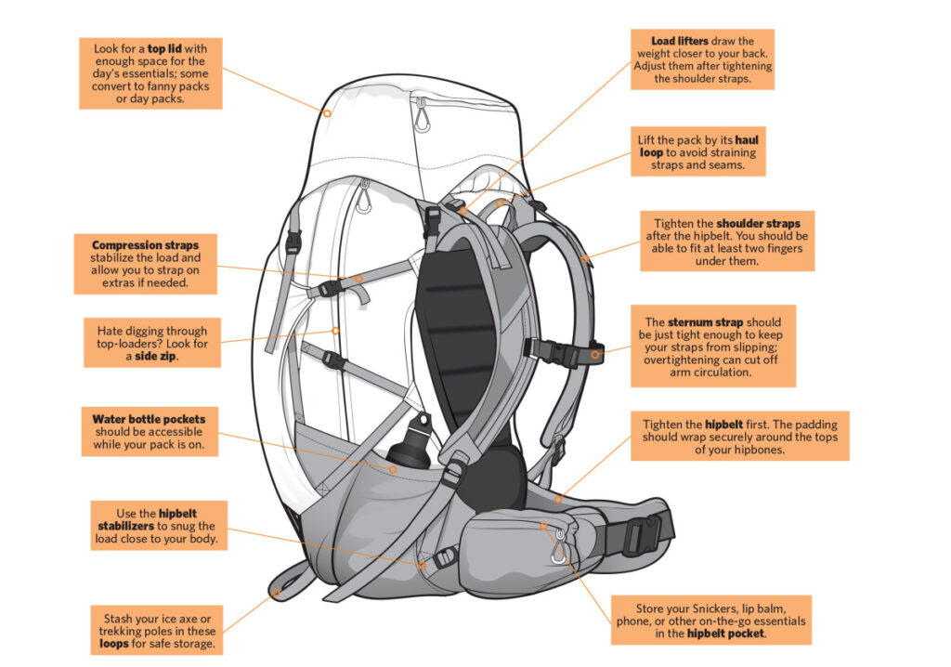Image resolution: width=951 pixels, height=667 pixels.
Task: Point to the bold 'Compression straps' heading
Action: pos(145,244)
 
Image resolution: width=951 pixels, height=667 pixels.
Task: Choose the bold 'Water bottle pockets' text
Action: pos(149,419)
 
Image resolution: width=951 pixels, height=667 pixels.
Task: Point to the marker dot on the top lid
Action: pos(328,112)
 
